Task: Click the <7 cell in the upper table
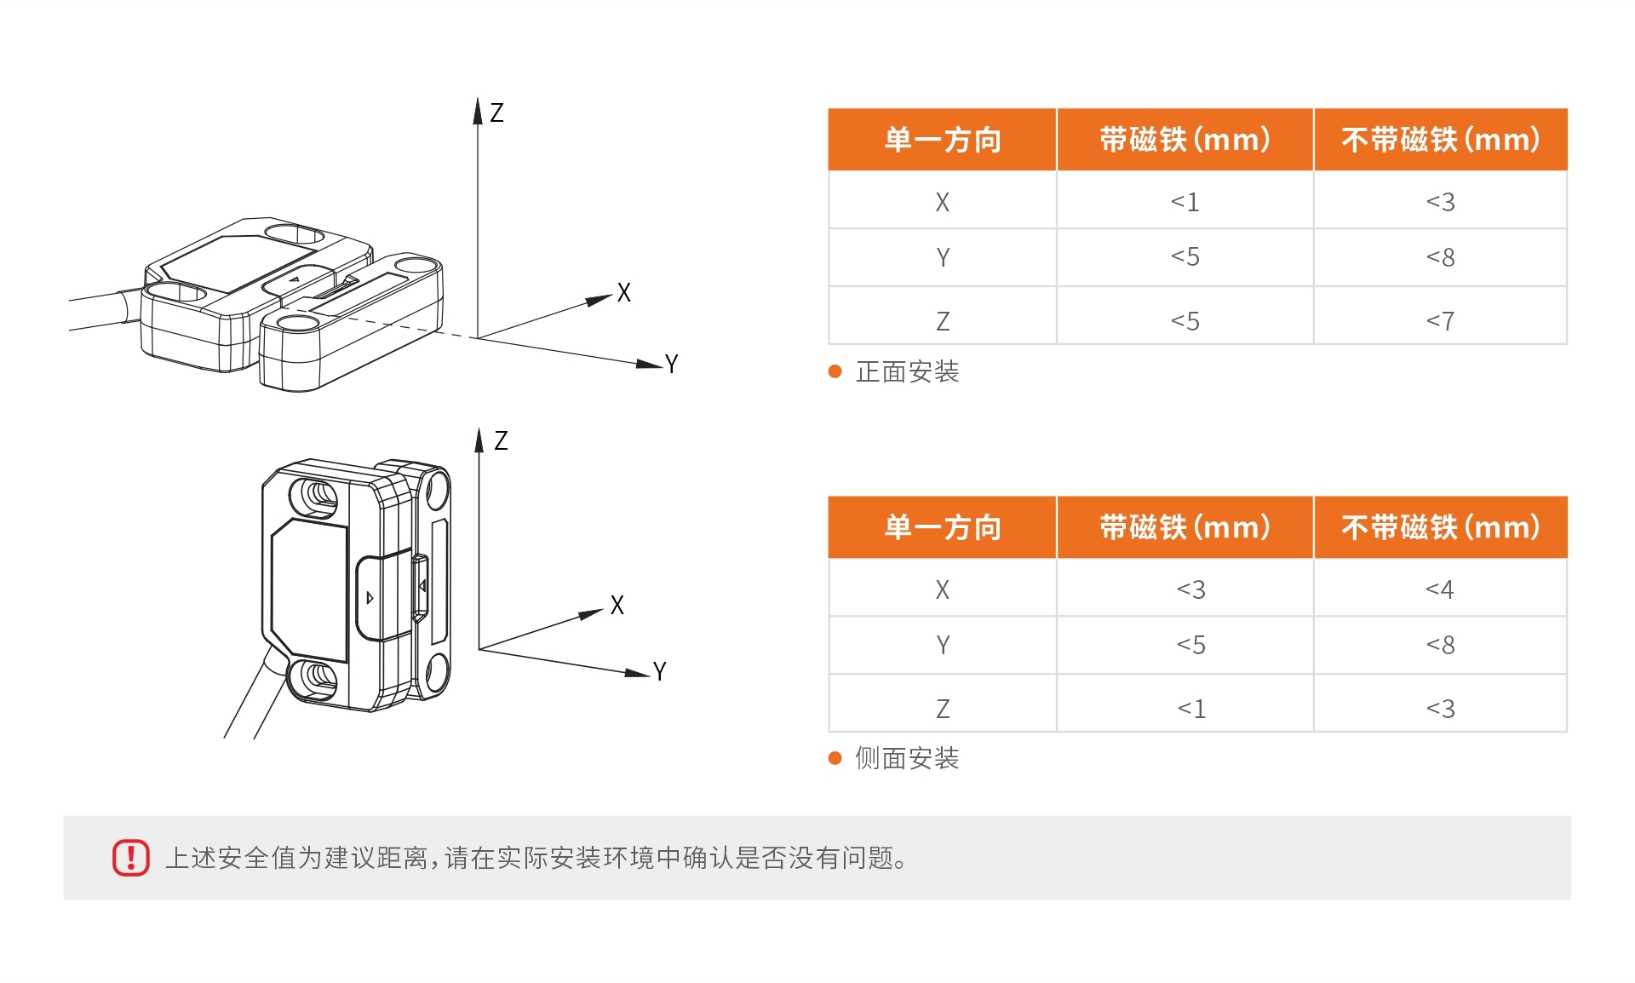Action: [1440, 321]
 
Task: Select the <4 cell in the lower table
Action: [1440, 589]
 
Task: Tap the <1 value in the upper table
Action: [1185, 202]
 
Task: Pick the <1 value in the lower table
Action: [1191, 709]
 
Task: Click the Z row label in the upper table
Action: [943, 321]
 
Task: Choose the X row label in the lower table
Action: [943, 589]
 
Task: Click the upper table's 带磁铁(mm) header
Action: [1185, 140]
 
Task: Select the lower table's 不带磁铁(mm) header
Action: [1440, 527]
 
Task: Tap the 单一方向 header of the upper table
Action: [943, 140]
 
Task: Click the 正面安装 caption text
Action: [907, 372]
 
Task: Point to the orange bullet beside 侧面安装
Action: [835, 758]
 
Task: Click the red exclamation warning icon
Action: [131, 857]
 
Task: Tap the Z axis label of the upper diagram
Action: [497, 112]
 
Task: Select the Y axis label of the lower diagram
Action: [660, 671]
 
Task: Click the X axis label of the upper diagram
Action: [624, 293]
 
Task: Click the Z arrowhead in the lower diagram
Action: [479, 440]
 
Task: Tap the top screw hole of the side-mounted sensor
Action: [315, 494]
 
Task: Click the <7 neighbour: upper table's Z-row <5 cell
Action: [1185, 321]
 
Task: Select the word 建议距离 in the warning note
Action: [376, 858]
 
